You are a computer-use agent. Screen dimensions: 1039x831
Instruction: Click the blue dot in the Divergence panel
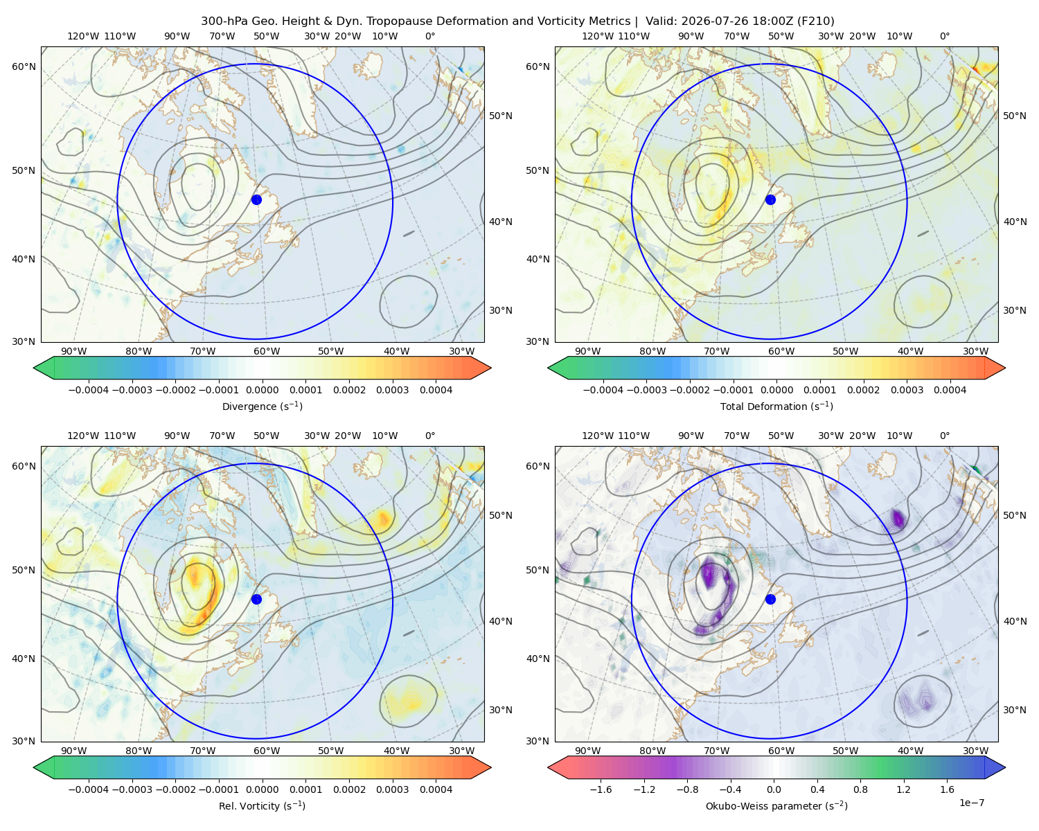[256, 199]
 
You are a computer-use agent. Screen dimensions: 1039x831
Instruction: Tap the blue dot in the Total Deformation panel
[770, 199]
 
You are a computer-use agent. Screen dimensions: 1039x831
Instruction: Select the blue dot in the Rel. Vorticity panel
[256, 599]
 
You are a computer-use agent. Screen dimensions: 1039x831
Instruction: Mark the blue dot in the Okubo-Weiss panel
[770, 599]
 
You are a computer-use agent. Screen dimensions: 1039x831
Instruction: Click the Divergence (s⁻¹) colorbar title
[262, 406]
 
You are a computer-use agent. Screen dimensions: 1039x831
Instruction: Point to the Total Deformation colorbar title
[776, 406]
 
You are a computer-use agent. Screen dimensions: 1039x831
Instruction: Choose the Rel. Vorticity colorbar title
[262, 805]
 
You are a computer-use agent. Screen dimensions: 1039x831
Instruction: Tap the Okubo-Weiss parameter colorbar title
[776, 805]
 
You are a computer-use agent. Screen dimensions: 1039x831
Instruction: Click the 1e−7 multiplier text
[971, 803]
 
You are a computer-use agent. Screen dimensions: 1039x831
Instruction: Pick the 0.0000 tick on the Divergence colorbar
[262, 390]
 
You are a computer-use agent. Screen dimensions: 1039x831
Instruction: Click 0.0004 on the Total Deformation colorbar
[950, 390]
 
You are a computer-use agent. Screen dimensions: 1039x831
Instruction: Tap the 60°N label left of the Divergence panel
[24, 66]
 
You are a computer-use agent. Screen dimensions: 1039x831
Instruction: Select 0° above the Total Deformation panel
[944, 36]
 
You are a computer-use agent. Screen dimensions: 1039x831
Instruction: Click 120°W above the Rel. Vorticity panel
[83, 436]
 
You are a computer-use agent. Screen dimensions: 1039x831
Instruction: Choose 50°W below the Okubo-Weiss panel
[845, 751]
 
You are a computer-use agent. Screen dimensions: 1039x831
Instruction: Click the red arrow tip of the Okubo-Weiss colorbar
[549, 767]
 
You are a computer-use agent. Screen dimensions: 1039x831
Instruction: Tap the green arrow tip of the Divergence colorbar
[34, 368]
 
